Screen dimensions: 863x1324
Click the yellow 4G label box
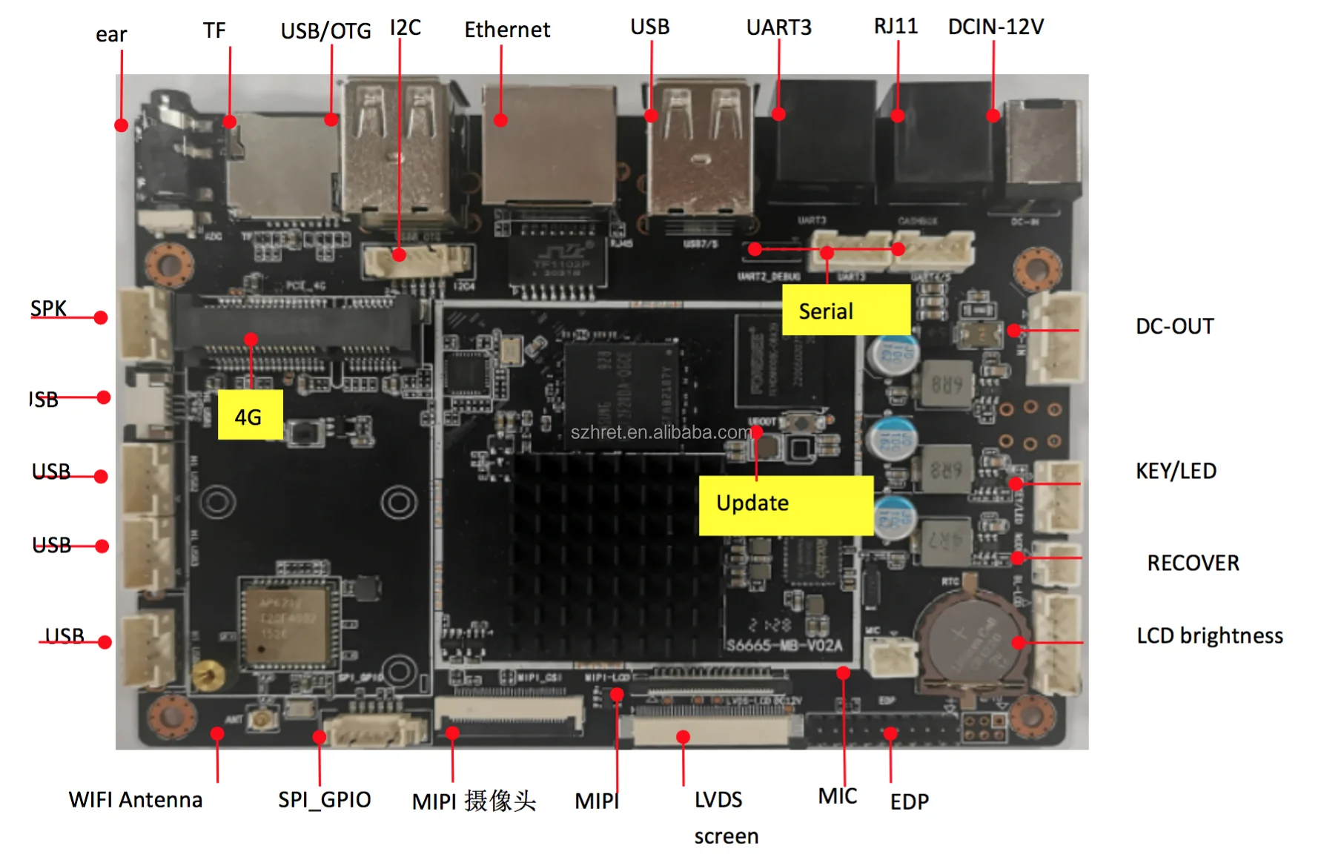coord(250,415)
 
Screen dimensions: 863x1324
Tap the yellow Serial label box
coord(846,310)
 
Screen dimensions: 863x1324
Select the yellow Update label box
coord(786,505)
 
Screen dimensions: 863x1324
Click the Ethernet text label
coord(507,30)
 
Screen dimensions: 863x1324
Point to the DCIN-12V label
coord(996,27)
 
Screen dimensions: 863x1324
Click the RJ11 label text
coord(896,26)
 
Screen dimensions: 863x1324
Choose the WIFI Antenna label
coord(136,799)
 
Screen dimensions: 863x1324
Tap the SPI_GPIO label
coord(324,799)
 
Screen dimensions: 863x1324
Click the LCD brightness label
coord(1209,635)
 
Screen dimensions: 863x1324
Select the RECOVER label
coord(1193,563)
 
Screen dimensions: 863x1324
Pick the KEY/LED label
coord(1176,471)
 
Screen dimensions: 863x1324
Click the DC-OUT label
coord(1174,326)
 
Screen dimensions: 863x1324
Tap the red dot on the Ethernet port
coord(501,120)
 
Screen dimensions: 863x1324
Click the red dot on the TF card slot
coord(230,122)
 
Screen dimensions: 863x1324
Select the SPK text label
coord(48,308)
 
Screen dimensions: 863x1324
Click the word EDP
coord(909,801)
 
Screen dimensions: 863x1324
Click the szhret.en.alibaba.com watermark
coord(661,432)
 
